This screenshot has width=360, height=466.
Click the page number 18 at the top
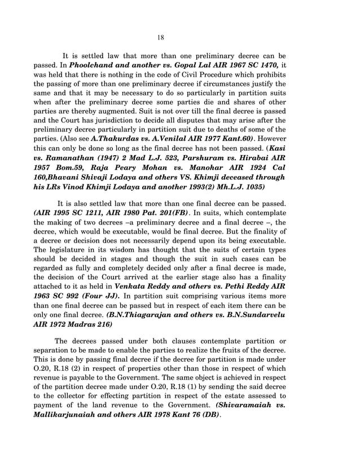tap(161, 37)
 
